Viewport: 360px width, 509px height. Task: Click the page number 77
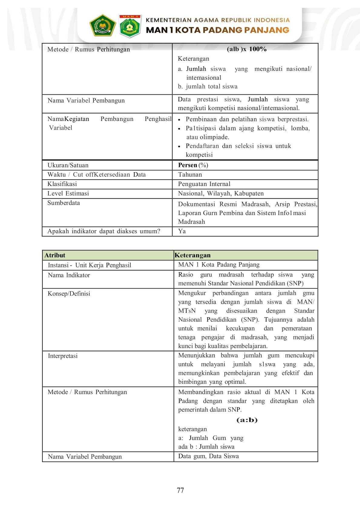tap(180, 490)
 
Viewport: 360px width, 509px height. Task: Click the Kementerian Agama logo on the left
tap(102, 26)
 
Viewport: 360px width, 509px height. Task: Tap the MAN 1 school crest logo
tap(130, 26)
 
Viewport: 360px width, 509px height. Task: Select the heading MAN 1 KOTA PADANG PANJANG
tap(217, 30)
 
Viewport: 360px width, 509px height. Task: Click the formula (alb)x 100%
tap(247, 49)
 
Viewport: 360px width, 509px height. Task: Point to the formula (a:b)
tap(247, 420)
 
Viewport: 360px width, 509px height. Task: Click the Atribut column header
tap(55, 255)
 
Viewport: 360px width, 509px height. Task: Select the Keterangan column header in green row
tap(192, 255)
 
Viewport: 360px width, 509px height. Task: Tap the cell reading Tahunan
tap(190, 175)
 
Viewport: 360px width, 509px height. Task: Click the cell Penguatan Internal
tap(204, 184)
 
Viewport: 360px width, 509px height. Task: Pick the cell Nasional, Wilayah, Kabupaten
tap(221, 193)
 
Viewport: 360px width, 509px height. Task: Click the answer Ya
tap(182, 231)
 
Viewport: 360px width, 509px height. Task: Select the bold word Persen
tap(188, 165)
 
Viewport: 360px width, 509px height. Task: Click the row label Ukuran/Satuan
tap(68, 165)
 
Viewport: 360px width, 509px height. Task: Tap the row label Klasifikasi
tap(62, 184)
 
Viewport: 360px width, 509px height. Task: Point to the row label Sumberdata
tap(64, 203)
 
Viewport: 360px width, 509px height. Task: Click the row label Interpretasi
tap(63, 356)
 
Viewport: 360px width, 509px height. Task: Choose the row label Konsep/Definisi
tap(69, 294)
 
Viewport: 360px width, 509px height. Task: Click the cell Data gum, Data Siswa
tap(208, 456)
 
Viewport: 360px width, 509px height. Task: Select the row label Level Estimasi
tap(68, 193)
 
